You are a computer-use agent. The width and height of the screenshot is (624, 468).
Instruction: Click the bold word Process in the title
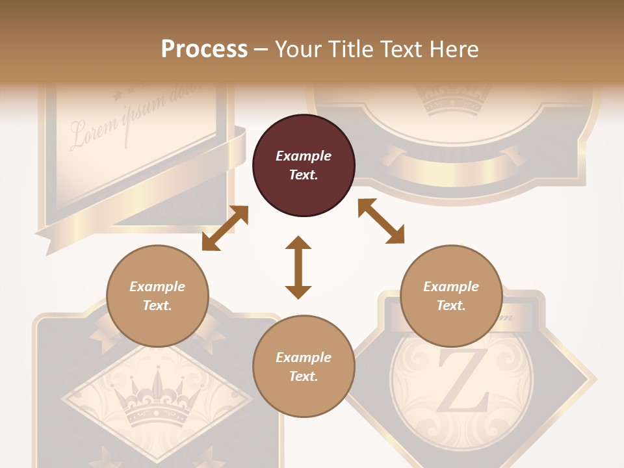click(x=204, y=49)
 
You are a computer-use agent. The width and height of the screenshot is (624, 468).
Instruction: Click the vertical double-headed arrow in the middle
click(x=298, y=268)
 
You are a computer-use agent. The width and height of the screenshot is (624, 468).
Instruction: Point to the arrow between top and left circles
click(x=225, y=228)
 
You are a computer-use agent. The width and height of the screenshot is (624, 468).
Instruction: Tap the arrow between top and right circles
click(x=381, y=221)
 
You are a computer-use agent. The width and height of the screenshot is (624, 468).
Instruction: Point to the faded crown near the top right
click(x=454, y=101)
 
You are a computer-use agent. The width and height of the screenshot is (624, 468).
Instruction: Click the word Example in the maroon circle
click(x=304, y=156)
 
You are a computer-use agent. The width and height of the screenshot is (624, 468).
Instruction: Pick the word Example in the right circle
click(x=451, y=287)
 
